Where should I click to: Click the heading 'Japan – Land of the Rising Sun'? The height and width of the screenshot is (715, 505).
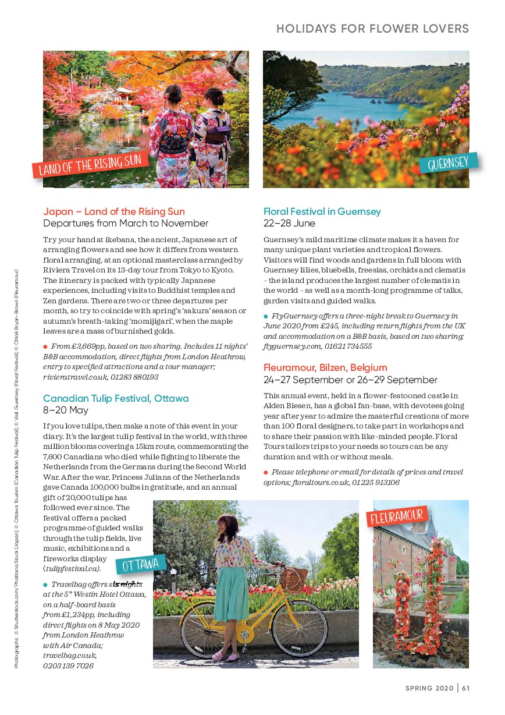[114, 211]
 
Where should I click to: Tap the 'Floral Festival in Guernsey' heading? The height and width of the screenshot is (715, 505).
[322, 211]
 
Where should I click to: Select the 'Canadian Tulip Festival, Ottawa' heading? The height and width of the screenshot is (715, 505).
[116, 398]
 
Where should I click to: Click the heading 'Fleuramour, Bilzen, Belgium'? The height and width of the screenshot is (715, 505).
[325, 368]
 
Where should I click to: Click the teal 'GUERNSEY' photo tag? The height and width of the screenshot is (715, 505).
[448, 163]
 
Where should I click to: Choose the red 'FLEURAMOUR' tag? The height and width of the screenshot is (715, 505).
[398, 516]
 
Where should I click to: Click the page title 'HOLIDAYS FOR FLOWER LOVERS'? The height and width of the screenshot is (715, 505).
[372, 29]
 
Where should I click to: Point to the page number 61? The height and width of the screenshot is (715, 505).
[466, 688]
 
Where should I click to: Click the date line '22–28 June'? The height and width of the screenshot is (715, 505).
[289, 224]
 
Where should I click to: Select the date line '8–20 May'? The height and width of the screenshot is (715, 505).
[66, 410]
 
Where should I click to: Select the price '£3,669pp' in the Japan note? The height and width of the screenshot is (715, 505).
[88, 346]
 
